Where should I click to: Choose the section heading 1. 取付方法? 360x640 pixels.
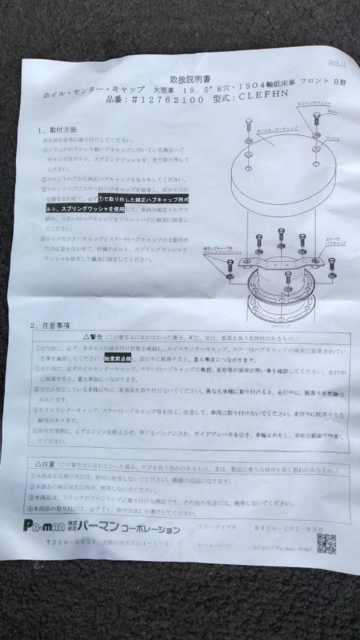click(57, 129)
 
